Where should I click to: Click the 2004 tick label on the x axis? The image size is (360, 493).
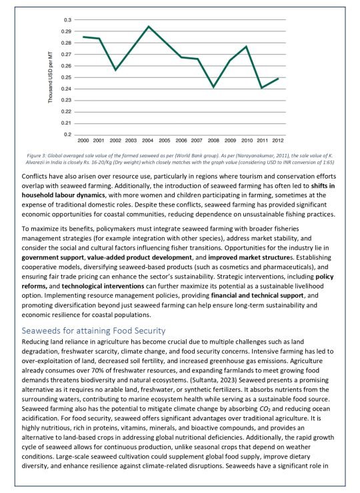[x=148, y=141]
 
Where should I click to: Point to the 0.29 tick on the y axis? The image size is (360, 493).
[x=67, y=31]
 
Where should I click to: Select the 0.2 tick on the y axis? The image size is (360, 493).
[x=68, y=135]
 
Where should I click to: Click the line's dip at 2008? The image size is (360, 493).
[x=213, y=87]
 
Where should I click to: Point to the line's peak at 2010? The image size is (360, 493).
[x=247, y=47]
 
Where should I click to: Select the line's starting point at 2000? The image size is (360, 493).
[x=83, y=37]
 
